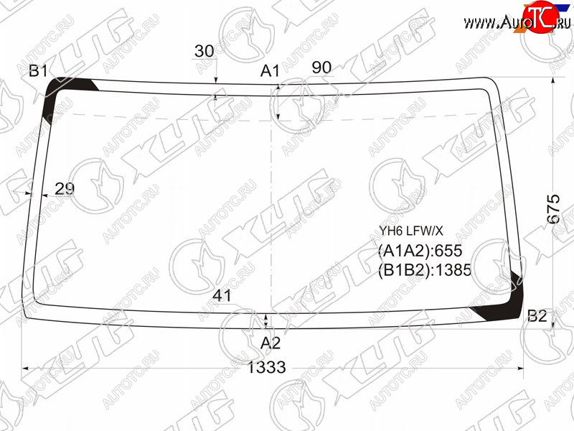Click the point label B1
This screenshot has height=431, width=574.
(39, 70)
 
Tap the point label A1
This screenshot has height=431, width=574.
(270, 70)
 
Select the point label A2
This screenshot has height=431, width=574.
(270, 343)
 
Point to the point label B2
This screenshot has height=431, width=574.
(537, 316)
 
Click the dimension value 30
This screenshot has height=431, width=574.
(204, 51)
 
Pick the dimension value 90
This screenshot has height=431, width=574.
(321, 68)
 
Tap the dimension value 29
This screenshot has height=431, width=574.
(65, 189)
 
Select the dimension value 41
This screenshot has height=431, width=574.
(222, 295)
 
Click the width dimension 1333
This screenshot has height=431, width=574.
(267, 367)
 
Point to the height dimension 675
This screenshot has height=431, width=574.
(553, 209)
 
